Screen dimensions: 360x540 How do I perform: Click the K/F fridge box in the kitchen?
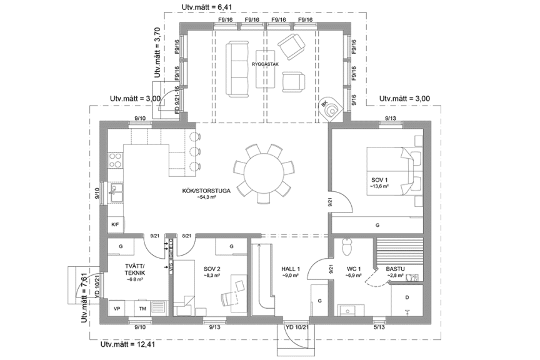point(115,224)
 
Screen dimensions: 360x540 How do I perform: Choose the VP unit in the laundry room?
point(116,309)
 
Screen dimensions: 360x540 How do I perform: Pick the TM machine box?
point(142,309)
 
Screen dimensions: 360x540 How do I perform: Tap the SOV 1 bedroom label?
point(380,182)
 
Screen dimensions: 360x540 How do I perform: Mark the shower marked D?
point(406,299)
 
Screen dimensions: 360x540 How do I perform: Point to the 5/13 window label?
point(379,326)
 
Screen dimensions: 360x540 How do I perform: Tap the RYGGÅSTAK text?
point(265,64)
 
